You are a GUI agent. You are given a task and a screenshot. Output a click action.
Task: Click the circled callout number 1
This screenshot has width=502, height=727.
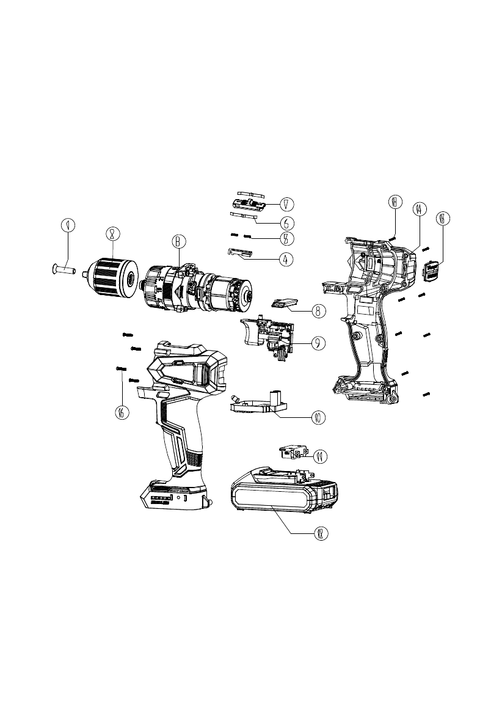(x=68, y=225)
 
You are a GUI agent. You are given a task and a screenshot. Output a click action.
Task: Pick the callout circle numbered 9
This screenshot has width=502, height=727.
(x=318, y=343)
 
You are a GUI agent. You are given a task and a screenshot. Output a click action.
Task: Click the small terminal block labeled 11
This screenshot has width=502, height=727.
(x=290, y=453)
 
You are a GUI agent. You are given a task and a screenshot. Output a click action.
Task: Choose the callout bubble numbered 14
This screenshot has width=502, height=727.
(x=418, y=209)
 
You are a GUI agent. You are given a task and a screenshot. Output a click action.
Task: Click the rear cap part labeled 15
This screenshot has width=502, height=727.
(x=431, y=270)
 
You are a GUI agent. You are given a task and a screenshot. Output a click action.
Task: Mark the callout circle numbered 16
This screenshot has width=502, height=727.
(x=122, y=412)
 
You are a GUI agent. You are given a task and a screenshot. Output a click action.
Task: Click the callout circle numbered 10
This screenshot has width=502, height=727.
(x=318, y=418)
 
